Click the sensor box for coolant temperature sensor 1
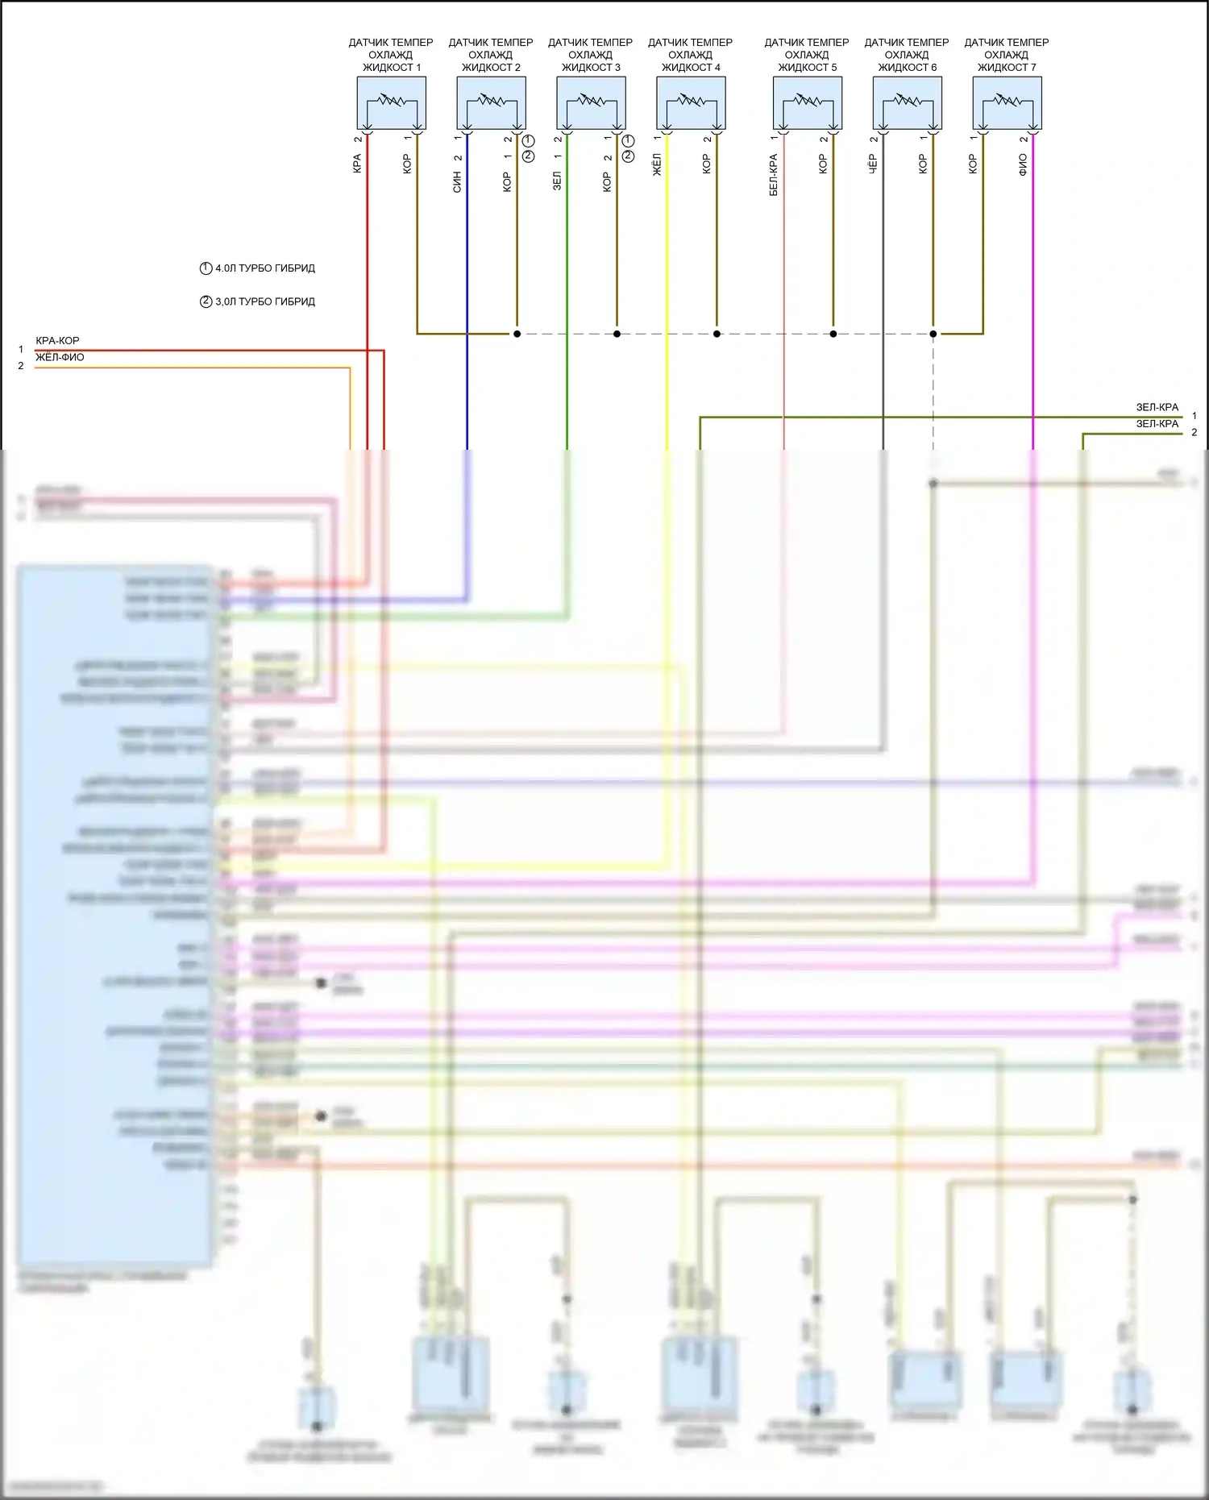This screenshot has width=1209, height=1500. coord(391,103)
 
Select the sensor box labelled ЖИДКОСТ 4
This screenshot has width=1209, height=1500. coord(691,103)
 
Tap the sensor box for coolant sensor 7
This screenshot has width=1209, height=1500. coord(1007,103)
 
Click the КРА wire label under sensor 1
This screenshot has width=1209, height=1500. coord(357,164)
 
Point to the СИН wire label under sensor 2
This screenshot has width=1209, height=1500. coord(457,183)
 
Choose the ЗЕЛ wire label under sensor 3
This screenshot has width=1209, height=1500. coord(557,181)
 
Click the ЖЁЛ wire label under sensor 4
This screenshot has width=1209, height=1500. coord(657,165)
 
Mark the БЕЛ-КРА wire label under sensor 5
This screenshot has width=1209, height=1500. coord(773,175)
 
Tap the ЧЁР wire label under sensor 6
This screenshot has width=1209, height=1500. coord(873,164)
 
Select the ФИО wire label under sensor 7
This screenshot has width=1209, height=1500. coord(1023,165)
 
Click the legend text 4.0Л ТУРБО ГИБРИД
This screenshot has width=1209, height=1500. coord(264,268)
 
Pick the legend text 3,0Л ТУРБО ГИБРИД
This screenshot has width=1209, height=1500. coord(264,301)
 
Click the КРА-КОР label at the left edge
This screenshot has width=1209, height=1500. coord(57,341)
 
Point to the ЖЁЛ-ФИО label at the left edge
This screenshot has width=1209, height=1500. coord(60,357)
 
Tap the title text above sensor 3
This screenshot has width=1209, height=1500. coord(591,55)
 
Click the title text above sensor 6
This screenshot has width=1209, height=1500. coord(907,55)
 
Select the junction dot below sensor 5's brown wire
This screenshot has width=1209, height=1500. coord(833,334)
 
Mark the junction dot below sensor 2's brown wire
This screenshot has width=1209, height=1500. coord(517,334)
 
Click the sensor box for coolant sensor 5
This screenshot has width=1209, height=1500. coord(807,103)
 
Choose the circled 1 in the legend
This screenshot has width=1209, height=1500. coord(206,268)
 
